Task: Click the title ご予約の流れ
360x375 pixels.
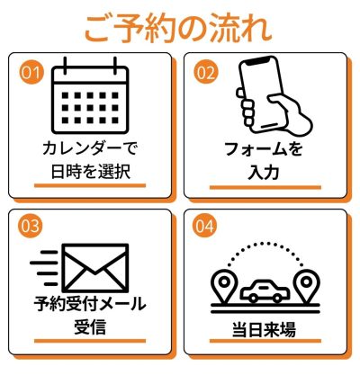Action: click(x=178, y=29)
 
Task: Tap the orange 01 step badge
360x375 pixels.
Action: click(x=31, y=73)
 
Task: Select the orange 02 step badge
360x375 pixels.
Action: click(x=206, y=73)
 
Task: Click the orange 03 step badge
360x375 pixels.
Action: click(x=31, y=226)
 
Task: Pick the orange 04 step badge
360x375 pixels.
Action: click(x=206, y=226)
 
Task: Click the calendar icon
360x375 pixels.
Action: click(x=90, y=95)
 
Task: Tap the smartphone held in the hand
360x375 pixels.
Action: click(x=262, y=94)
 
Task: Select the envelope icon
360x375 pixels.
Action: click(x=95, y=268)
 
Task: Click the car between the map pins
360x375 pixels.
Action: click(x=265, y=290)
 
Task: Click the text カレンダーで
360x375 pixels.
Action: click(x=89, y=149)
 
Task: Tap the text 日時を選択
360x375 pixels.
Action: click(x=90, y=172)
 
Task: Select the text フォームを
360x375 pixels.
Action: click(x=264, y=149)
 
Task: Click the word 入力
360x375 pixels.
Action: click(x=264, y=172)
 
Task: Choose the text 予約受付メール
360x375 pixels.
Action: click(x=89, y=304)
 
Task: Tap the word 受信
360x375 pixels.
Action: click(x=90, y=326)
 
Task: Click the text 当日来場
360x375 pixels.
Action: click(x=264, y=329)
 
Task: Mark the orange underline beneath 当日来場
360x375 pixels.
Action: click(x=265, y=341)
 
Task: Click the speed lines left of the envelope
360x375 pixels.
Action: click(x=45, y=268)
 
